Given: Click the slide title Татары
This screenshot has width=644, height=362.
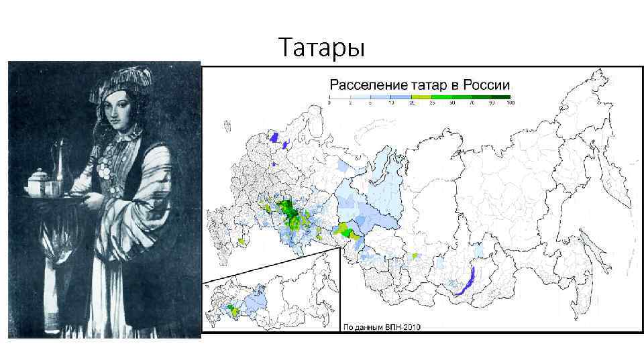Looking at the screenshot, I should (321, 48).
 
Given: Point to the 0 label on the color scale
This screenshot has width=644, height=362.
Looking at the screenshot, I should (329, 103).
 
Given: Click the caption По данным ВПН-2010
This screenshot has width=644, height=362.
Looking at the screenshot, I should (382, 327).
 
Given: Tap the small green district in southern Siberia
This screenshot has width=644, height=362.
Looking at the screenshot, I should (415, 256).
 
